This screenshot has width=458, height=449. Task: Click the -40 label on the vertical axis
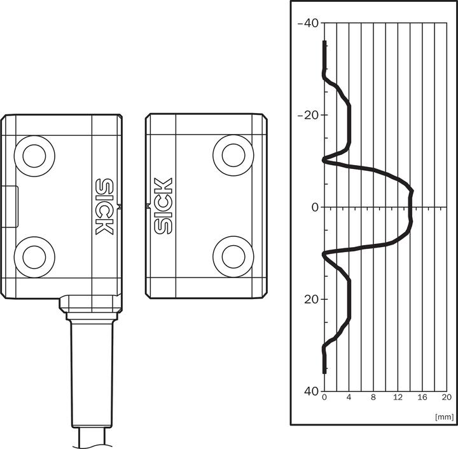308,23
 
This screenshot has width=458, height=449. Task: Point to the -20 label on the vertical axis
308,115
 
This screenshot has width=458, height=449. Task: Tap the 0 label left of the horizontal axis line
315,207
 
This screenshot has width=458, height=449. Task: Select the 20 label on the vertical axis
311,299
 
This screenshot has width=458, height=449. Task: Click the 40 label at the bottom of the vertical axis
311,391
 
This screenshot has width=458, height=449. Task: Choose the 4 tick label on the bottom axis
349,398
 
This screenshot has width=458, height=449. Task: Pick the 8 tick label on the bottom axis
373,398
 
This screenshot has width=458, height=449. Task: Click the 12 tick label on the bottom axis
398,398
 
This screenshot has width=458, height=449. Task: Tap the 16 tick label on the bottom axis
422,398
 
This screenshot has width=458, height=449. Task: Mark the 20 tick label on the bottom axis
447,398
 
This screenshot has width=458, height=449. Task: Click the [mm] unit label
445,417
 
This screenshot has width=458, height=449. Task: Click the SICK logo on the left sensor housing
104,206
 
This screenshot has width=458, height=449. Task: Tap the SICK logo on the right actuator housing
163,206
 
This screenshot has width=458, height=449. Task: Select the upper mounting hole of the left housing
34,156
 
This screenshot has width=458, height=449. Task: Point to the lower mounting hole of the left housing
34,257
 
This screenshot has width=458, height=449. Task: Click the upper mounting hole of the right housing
233,156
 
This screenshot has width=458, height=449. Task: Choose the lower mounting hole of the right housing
233,257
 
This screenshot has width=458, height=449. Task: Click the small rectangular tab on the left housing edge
10,206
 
